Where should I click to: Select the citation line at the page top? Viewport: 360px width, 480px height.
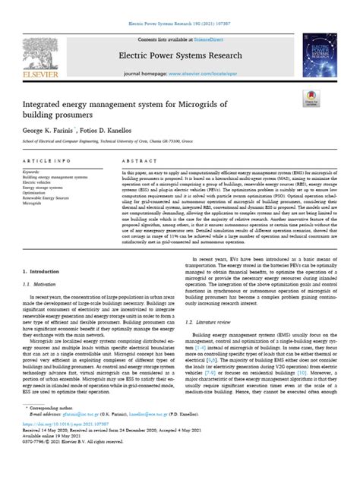[x=179, y=5]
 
